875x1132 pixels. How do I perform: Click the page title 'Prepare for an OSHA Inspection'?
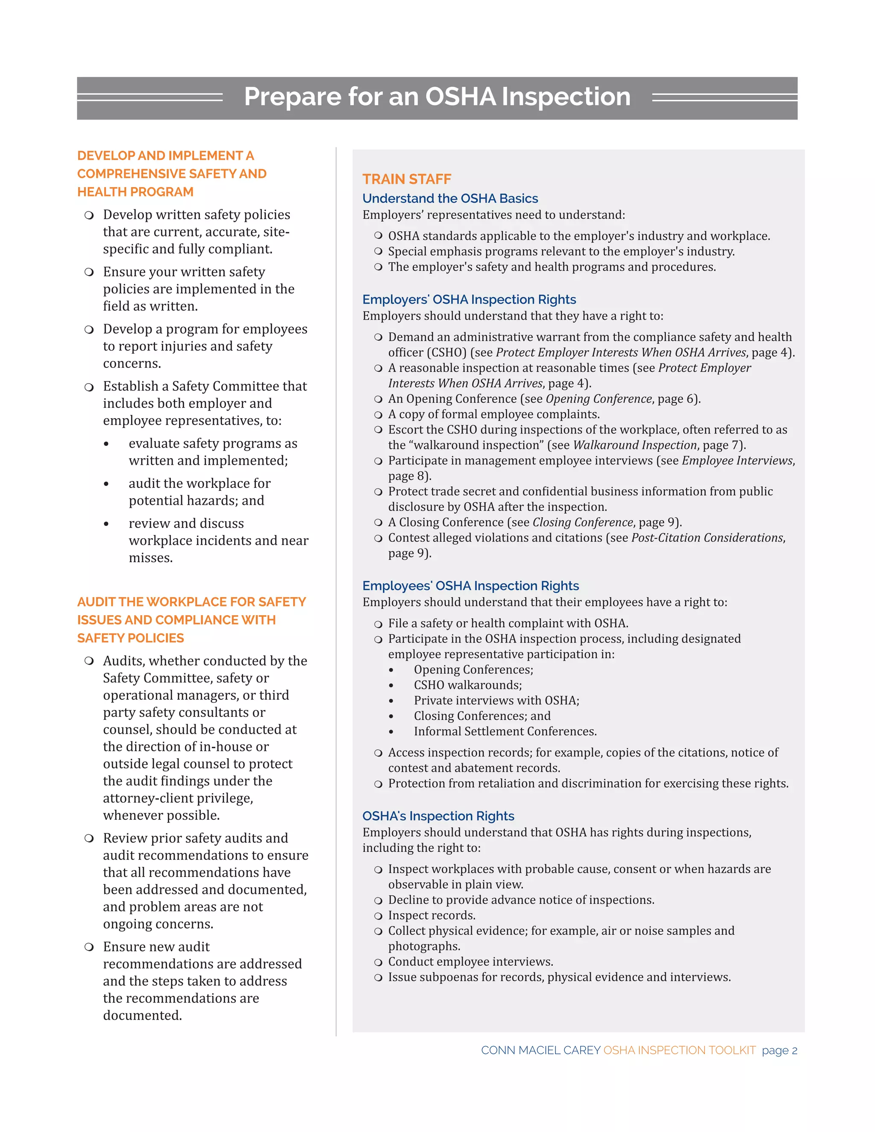[437, 97]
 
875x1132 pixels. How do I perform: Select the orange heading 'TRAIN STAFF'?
[406, 179]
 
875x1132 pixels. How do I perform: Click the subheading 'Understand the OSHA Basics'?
[450, 199]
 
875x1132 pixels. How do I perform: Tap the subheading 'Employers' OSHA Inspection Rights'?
[469, 299]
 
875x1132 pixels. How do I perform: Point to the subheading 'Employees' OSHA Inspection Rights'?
[470, 586]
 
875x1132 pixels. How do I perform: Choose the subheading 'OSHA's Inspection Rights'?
[438, 816]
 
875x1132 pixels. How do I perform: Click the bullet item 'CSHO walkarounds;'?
[467, 685]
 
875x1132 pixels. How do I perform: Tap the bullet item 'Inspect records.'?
[431, 915]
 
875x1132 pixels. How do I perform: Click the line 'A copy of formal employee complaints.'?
[493, 414]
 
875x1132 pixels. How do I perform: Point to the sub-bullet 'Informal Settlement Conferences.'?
[505, 731]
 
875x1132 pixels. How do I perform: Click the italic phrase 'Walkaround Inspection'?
[634, 445]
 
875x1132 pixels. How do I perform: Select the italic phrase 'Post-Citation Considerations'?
[707, 538]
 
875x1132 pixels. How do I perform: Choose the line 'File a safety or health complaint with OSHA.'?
[508, 624]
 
